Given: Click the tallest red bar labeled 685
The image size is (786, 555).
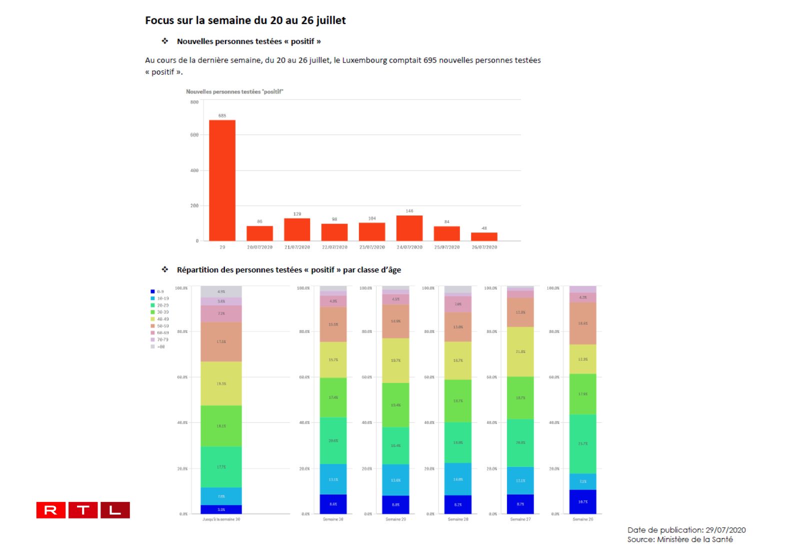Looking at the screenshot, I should click(222, 180).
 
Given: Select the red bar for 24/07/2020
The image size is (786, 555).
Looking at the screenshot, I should click(409, 228).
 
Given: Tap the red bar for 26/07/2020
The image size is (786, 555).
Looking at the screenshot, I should click(484, 236).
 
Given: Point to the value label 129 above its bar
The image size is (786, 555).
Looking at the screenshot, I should click(297, 214).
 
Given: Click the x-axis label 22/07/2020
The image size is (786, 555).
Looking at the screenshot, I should click(334, 247).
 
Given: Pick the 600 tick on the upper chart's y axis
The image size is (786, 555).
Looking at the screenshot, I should click(194, 135).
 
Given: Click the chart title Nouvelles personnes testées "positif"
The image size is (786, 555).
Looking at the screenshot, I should click(234, 92).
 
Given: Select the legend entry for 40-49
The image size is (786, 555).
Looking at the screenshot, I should click(162, 319).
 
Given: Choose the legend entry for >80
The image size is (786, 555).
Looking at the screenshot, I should click(160, 346).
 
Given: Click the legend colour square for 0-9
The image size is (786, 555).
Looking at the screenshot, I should click(152, 291).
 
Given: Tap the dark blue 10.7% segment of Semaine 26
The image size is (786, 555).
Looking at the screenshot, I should click(582, 501).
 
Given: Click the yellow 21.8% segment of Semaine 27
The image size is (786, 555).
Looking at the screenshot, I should click(520, 351).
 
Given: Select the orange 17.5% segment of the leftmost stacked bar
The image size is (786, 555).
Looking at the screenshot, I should click(221, 341).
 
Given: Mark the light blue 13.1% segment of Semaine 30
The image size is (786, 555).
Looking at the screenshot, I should click(333, 479).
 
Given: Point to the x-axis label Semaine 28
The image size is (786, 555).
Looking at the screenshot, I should click(458, 519).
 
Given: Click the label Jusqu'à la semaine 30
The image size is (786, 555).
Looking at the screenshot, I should click(221, 519).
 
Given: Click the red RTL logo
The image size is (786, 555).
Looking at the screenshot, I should click(83, 510).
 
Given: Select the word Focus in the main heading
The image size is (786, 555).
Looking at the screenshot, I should click(159, 20).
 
